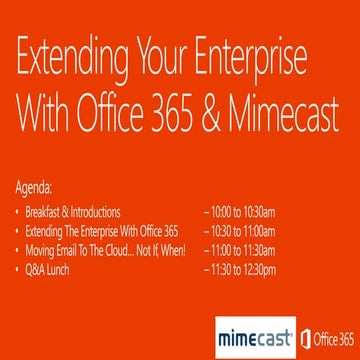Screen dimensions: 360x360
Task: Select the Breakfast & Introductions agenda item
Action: coord(73,211)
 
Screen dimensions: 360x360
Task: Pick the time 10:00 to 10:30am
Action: coord(241,211)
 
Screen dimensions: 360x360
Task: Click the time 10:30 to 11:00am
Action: coord(241,231)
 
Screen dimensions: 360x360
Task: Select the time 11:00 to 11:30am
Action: coord(241,250)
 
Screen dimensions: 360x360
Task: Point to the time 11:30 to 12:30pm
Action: coord(241,270)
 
